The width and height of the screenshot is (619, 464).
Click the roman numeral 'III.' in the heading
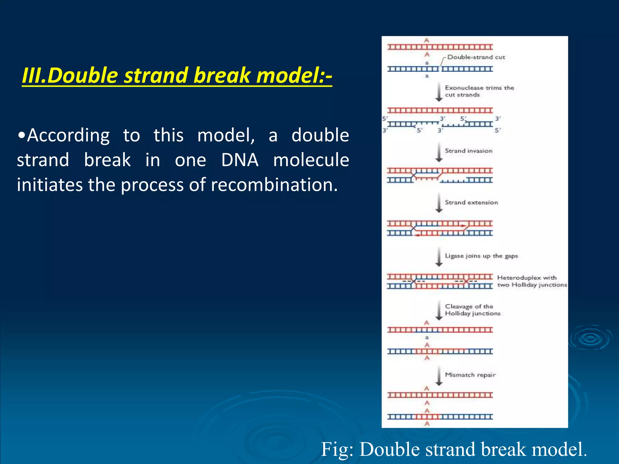click(34, 75)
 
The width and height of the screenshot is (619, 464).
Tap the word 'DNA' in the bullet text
click(240, 160)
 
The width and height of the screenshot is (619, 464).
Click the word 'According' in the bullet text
click(68, 135)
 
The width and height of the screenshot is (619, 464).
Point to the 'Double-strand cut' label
click(476, 57)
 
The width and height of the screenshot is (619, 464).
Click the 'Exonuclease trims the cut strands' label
click(479, 91)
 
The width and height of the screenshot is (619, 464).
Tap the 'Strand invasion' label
click(468, 151)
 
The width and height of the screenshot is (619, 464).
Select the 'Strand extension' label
click(471, 202)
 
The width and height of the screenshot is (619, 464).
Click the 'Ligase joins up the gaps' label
click(481, 256)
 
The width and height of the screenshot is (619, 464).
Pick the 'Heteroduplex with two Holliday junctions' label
click(532, 281)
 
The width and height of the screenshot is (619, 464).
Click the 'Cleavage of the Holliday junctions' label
click(472, 310)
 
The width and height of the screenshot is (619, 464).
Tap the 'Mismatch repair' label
click(470, 375)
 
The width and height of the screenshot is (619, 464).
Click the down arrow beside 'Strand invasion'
click(439, 153)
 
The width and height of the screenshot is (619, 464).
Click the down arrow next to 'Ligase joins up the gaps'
click(439, 257)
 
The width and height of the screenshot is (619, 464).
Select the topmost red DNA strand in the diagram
click(440, 47)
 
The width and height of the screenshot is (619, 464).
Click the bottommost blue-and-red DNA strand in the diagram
click(440, 417)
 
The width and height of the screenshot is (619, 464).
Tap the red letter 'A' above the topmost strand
click(426, 40)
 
